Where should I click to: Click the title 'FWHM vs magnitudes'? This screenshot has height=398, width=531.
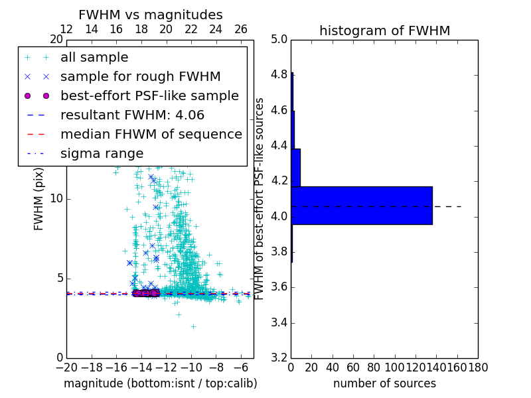pos(151,15)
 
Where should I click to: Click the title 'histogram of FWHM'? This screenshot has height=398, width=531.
pos(384,31)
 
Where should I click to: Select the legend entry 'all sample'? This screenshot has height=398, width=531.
pos(94,58)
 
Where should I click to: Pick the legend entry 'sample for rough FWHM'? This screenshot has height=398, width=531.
pos(140,77)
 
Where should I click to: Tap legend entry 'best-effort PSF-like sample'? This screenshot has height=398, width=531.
pos(149,96)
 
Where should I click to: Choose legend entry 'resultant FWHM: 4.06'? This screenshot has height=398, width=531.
pos(132,115)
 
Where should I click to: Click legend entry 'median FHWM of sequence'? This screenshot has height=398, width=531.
pos(151,135)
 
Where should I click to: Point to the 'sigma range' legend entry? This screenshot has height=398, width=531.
pos(102,154)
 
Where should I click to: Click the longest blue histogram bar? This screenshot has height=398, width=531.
pos(362,206)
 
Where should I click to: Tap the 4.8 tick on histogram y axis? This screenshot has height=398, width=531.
pos(279,75)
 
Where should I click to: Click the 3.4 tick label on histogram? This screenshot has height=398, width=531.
pos(279,323)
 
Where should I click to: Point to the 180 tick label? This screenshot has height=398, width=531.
pos(478,367)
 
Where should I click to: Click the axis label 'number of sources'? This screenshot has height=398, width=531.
pos(384,383)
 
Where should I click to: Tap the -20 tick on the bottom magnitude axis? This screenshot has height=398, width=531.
pos(66,367)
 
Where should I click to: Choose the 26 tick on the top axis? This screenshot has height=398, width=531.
pos(241,29)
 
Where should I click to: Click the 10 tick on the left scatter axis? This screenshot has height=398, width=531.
pos(56,199)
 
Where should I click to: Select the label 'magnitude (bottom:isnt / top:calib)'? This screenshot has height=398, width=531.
pos(160,383)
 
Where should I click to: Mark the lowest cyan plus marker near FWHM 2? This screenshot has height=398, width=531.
pos(193,326)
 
